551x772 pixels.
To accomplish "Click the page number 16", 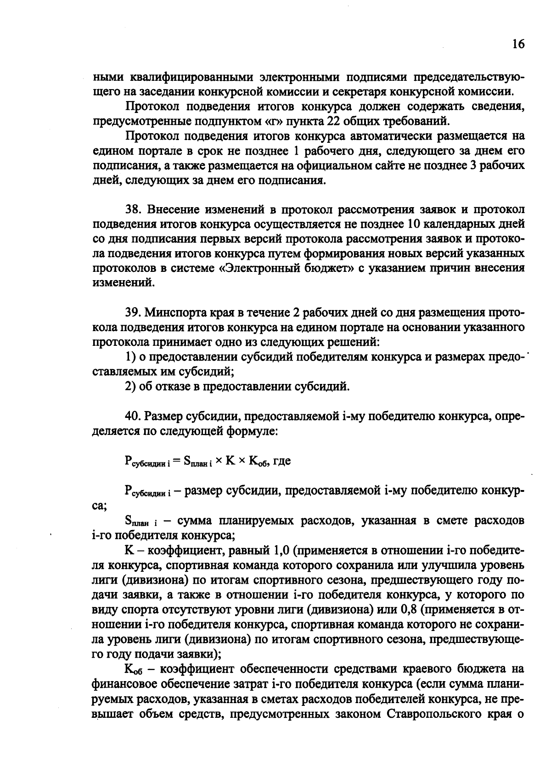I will (518, 45).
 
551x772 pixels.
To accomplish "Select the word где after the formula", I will (282, 461).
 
